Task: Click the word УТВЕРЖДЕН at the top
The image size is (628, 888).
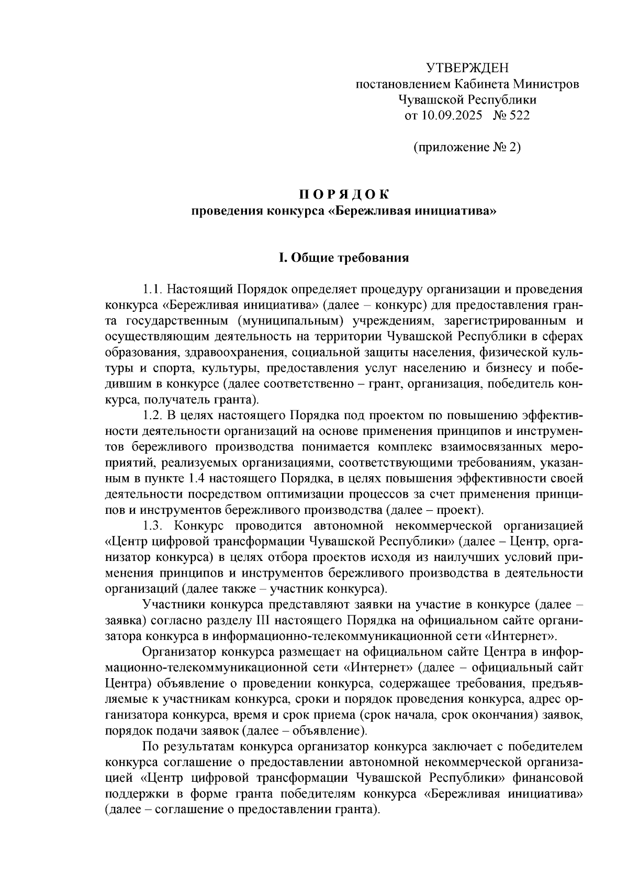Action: pos(467,68)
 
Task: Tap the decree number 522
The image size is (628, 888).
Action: pos(519,115)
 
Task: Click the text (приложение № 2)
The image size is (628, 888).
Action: pos(467,148)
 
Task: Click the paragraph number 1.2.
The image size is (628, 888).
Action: pos(153,415)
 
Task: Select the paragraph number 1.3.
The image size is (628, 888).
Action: pos(154,525)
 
